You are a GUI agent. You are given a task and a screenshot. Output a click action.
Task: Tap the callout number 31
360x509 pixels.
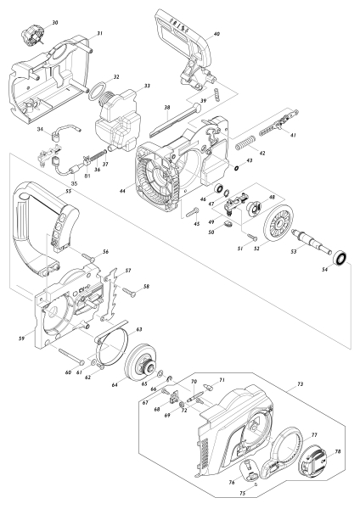pos(98,33)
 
